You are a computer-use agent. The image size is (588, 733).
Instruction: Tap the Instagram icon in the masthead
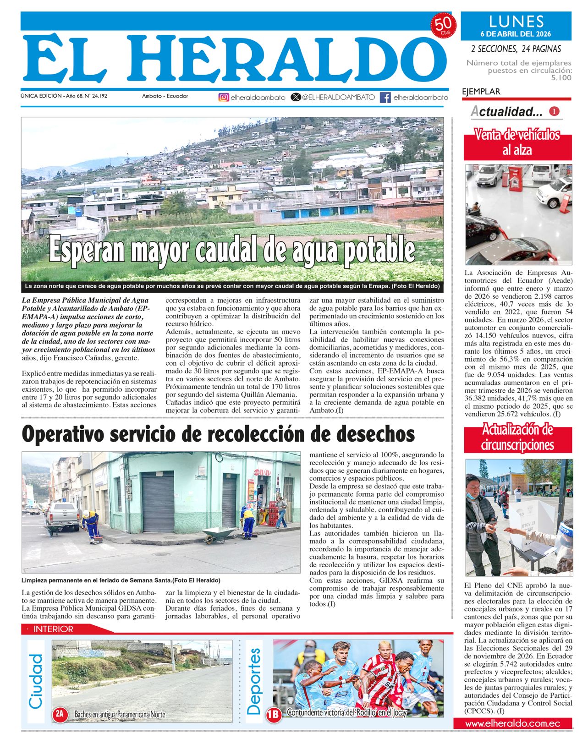224,97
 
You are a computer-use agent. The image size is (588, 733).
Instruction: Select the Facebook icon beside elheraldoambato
385,97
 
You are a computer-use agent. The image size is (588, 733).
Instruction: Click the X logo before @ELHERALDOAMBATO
296,97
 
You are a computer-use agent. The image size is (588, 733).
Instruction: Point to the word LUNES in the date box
516,22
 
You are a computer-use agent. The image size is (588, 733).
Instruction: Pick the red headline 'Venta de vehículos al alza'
517,142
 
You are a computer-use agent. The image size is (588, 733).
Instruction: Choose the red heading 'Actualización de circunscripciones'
517,437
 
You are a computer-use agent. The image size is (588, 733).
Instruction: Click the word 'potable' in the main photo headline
379,250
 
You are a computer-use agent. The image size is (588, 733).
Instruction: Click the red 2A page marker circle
60,714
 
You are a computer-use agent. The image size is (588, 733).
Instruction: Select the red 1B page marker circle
274,714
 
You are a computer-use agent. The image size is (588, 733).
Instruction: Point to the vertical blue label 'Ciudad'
36,681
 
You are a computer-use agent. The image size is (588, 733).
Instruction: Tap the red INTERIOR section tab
53,629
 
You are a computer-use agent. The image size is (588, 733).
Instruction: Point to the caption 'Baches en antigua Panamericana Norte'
120,714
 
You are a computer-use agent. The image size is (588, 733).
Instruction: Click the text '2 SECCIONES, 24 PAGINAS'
516,49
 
